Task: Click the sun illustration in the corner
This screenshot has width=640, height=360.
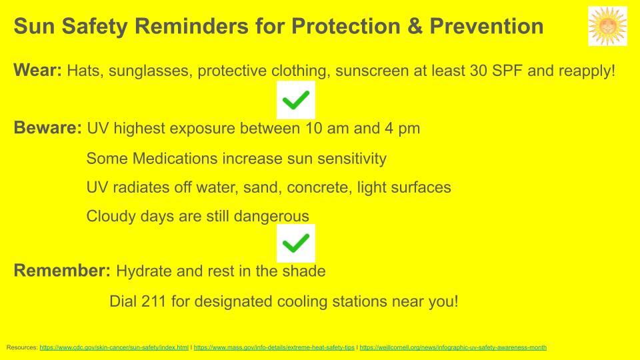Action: coord(607,26)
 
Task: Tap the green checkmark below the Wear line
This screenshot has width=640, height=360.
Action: coord(296,100)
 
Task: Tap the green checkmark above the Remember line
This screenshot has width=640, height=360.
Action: coord(296,243)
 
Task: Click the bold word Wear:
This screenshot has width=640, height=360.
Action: coord(37,70)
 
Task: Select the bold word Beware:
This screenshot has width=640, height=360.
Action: coord(48,128)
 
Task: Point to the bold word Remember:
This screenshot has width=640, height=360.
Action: coord(62,271)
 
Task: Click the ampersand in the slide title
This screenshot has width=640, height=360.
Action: coord(415,26)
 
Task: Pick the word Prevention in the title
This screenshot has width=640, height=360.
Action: coord(487,26)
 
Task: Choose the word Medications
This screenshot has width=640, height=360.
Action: coord(175,159)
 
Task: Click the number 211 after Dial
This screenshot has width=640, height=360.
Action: coord(154,301)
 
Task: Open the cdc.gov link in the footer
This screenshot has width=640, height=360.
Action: coord(114,347)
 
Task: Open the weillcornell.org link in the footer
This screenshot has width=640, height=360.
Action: coord(453,347)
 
